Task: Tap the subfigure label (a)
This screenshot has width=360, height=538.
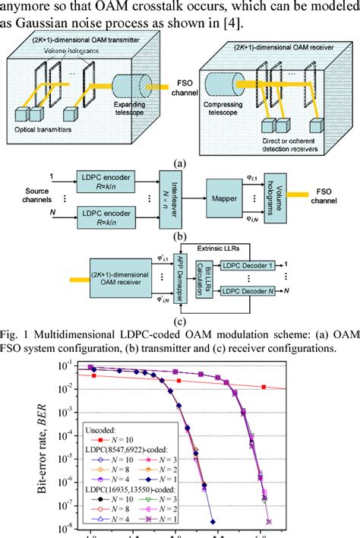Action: [x=181, y=162]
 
